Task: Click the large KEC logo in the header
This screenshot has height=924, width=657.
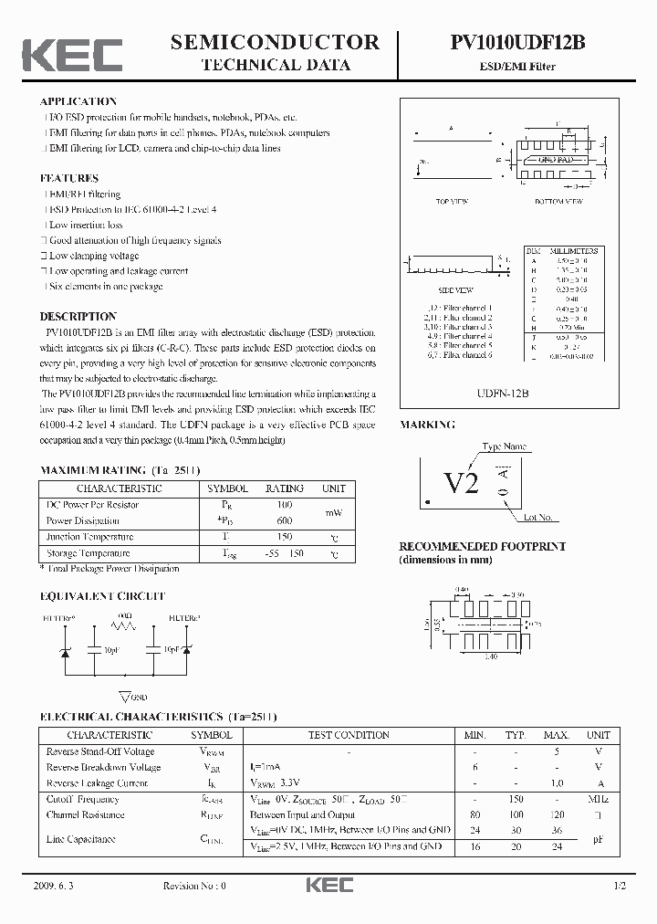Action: (x=72, y=55)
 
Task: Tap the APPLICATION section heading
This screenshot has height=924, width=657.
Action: (x=78, y=101)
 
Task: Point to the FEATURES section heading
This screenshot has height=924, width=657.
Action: (x=68, y=178)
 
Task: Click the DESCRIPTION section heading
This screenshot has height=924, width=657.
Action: (x=78, y=317)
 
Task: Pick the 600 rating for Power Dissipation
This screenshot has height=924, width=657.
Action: (x=284, y=520)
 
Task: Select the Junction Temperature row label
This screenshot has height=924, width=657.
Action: (x=89, y=537)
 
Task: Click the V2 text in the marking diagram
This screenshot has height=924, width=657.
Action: (x=461, y=483)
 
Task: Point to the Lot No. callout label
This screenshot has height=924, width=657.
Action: (x=537, y=518)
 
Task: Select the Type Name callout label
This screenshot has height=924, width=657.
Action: (x=505, y=446)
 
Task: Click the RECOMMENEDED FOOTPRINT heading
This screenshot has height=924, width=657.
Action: (x=482, y=546)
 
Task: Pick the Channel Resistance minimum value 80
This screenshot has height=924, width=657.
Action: (x=474, y=814)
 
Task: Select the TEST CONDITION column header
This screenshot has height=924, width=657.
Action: (x=349, y=735)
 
